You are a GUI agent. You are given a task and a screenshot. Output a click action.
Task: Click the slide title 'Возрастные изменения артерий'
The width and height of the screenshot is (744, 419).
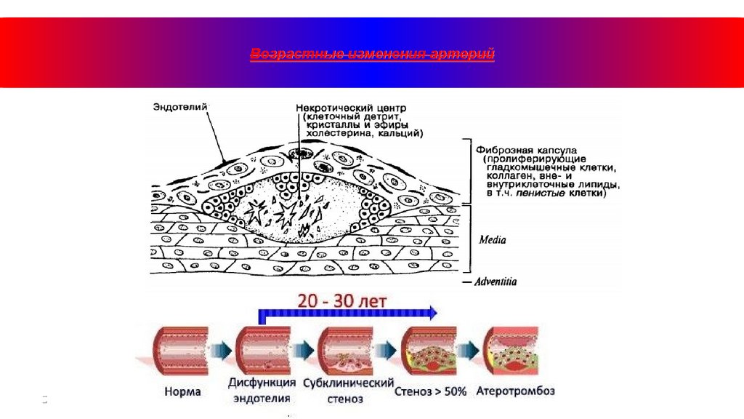[372, 55]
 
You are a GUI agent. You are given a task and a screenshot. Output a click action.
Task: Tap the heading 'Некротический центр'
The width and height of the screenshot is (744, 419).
[345, 108]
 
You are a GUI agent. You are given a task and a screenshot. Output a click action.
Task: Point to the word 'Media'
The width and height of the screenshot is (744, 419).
[493, 239]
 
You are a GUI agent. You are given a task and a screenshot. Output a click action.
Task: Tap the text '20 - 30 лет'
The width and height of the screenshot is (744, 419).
[341, 299]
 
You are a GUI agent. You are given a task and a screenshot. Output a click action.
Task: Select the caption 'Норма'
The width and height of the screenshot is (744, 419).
[182, 391]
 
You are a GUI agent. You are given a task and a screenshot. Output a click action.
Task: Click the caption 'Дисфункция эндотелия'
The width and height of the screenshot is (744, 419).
[262, 391]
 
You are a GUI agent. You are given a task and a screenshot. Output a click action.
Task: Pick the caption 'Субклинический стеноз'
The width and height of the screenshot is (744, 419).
[348, 391]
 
